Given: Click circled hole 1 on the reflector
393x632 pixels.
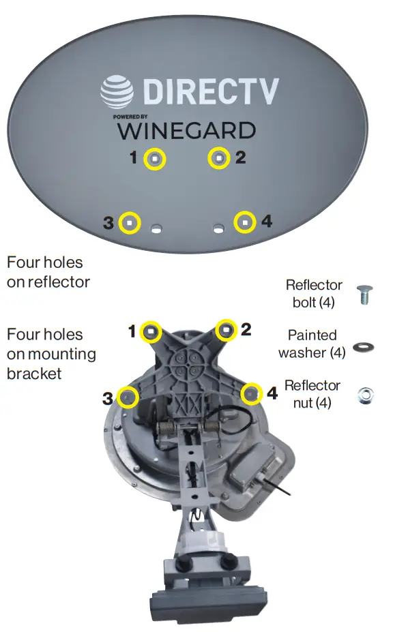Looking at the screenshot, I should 156,159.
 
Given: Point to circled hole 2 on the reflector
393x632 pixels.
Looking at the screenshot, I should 218,159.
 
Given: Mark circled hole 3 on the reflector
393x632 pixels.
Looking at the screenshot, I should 129,222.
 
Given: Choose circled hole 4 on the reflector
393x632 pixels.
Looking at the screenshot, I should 245,222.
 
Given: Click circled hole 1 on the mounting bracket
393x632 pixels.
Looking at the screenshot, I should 151,332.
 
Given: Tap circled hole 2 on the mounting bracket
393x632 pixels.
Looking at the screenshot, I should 226,331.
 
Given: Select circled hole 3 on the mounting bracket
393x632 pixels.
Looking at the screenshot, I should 128,397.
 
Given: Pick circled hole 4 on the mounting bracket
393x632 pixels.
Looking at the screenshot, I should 251,393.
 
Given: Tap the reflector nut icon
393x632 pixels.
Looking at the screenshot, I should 366,395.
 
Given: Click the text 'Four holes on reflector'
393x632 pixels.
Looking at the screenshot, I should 48,271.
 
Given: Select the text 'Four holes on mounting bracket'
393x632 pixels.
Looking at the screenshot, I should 51,354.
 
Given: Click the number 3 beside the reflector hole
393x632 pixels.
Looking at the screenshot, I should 108,223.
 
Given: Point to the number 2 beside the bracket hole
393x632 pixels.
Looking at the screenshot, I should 246,330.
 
